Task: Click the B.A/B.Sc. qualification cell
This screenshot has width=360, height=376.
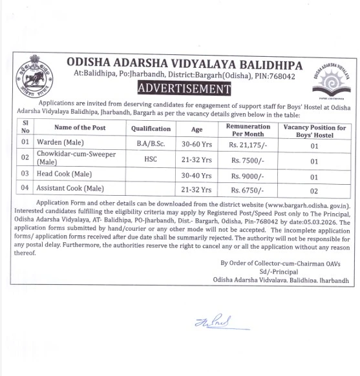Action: pos(150,141)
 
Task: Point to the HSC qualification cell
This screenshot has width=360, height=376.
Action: pos(150,158)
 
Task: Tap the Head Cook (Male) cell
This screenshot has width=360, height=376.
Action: pos(64,174)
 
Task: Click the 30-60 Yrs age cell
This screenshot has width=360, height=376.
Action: pos(196,141)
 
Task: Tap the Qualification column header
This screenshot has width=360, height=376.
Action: pos(150,129)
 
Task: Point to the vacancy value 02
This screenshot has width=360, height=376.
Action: pos(314,190)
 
